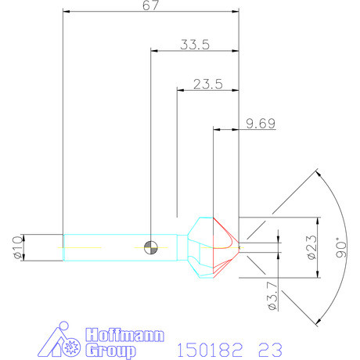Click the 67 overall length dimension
tap(151, 7)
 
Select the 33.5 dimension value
tap(194, 45)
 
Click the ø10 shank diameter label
tap(18, 247)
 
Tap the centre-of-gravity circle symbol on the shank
tap(151, 247)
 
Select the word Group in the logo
tap(105, 350)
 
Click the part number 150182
tap(209, 347)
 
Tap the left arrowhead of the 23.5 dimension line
tap(182, 89)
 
